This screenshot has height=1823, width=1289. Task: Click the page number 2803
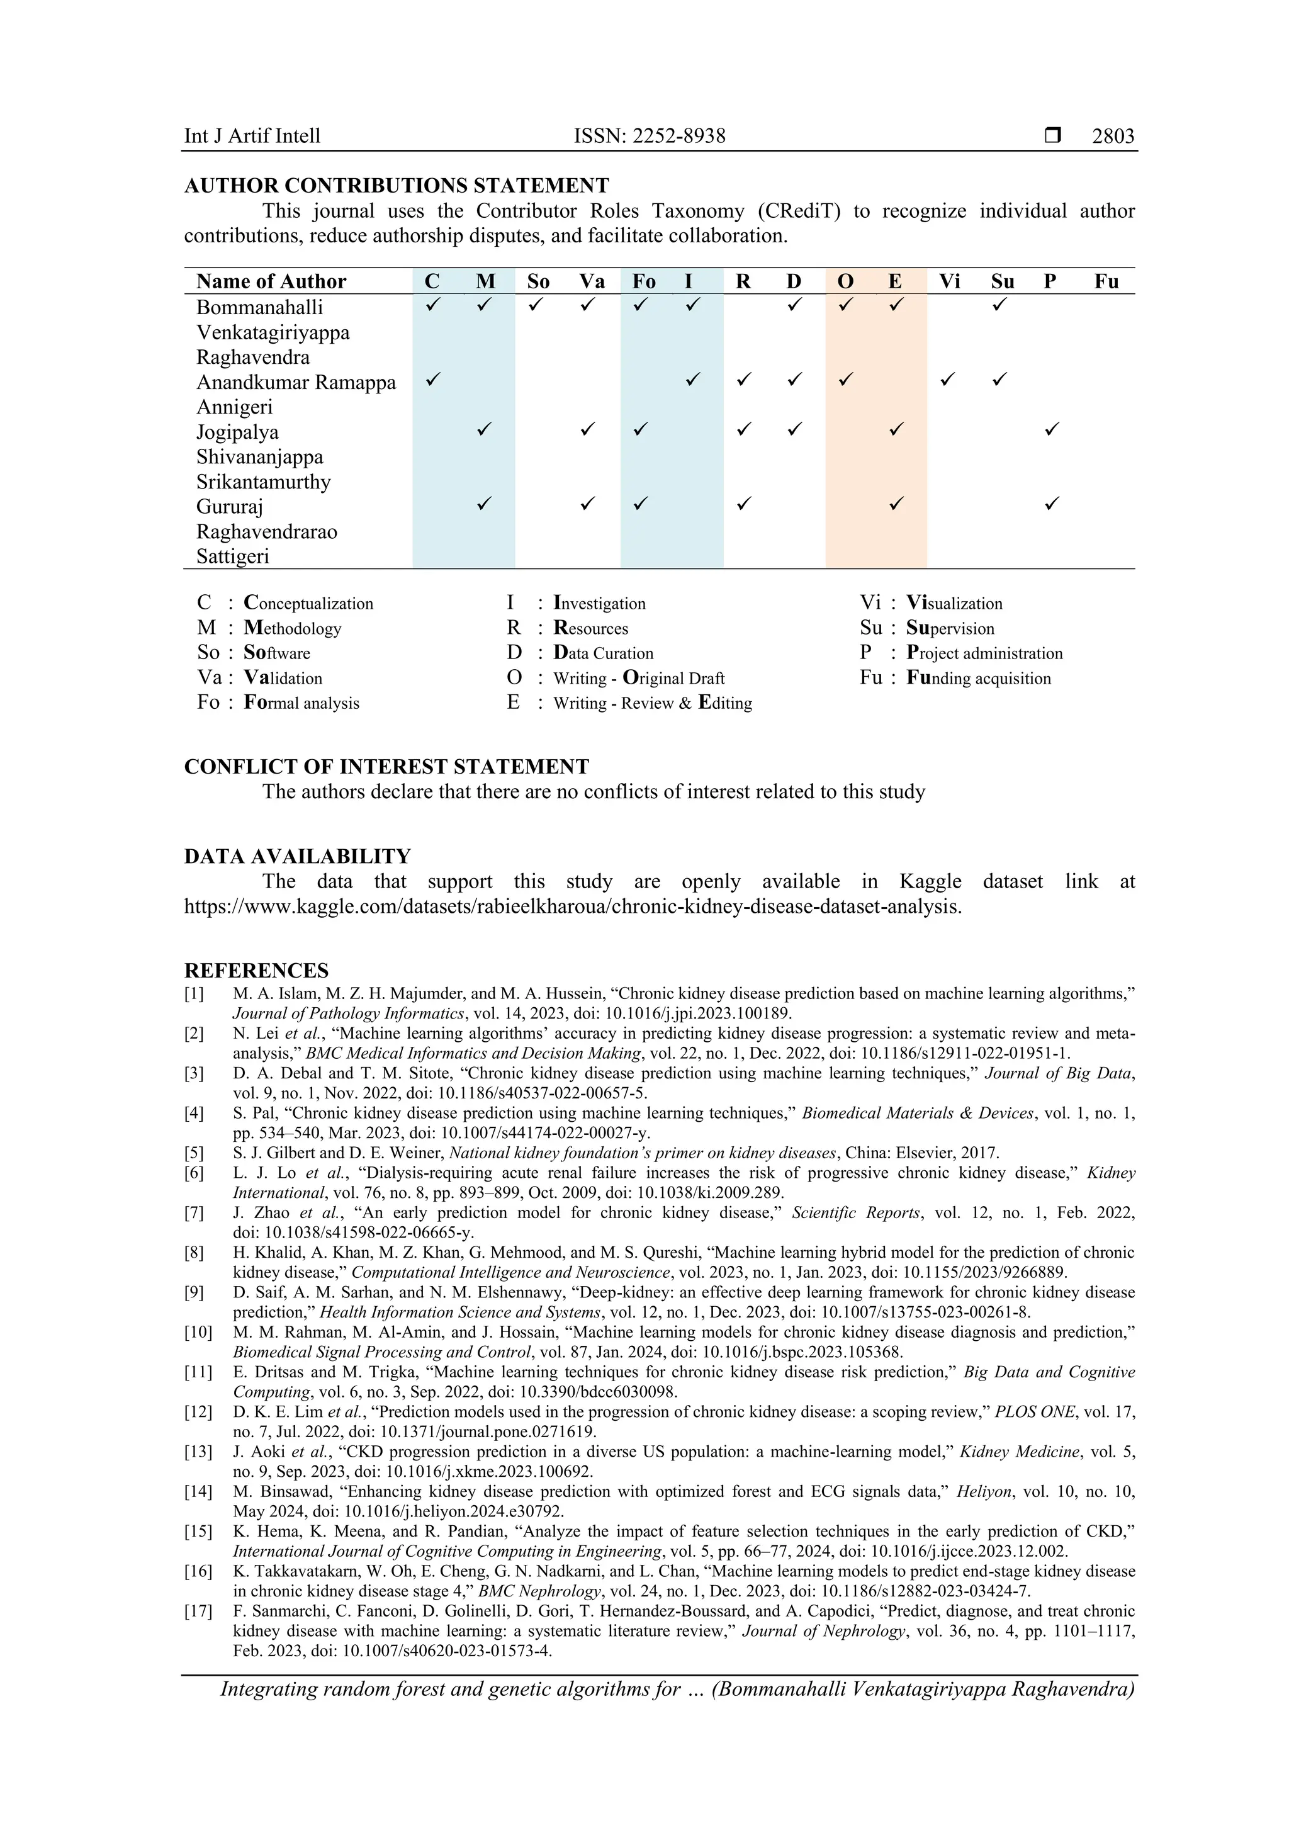tap(1113, 137)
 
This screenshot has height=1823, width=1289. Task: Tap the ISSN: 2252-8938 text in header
tap(650, 137)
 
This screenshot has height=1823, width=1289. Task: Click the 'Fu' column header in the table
tap(1106, 282)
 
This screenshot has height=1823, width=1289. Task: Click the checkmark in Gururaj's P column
tap(1052, 504)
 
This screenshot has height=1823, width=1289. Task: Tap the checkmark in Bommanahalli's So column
tap(536, 304)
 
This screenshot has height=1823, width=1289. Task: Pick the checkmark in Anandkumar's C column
tap(432, 380)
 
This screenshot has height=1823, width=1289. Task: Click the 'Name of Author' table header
tap(271, 282)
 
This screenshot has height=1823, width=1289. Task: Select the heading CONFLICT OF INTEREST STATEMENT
tap(386, 767)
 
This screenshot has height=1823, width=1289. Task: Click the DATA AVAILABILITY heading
tap(298, 857)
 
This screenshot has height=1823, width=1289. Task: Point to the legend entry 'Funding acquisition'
tap(979, 679)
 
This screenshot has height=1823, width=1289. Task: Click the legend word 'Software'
tap(277, 653)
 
